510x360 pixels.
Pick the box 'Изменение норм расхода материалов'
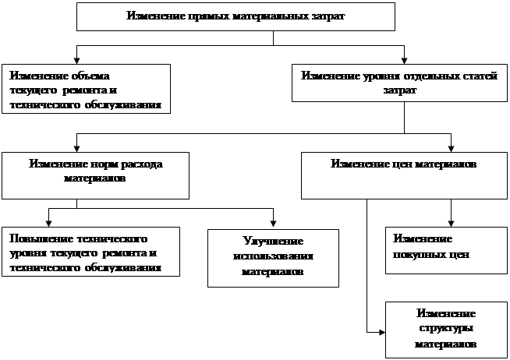(96, 175)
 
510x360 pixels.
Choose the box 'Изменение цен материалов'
(398, 175)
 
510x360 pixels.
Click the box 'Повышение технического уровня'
(90, 252)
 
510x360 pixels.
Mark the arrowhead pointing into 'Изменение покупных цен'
(450, 223)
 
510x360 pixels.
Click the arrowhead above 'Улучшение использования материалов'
(273, 224)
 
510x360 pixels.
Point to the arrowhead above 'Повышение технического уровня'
(49, 222)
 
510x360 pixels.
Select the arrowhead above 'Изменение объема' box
(76, 58)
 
